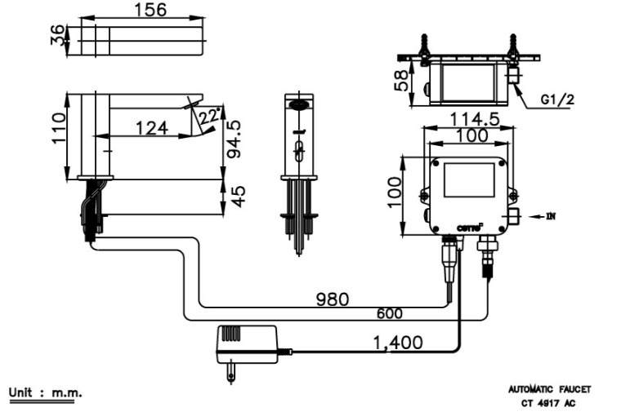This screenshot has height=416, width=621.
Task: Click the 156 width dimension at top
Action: tap(149, 10)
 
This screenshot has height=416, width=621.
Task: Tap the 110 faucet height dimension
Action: tap(58, 129)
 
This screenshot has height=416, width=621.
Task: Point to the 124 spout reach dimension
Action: tap(152, 127)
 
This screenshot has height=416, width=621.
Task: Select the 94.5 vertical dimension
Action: tap(234, 139)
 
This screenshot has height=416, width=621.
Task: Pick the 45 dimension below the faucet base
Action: tap(238, 197)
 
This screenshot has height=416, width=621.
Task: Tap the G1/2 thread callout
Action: tap(556, 100)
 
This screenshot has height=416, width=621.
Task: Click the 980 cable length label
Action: tap(332, 299)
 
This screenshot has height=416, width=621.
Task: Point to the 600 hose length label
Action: tap(389, 313)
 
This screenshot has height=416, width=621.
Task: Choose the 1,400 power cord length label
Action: tap(396, 343)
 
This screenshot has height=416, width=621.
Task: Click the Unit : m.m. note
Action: tap(45, 393)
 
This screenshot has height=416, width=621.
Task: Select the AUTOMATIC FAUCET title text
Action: tap(549, 390)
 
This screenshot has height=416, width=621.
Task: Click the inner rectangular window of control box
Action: tap(469, 179)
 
